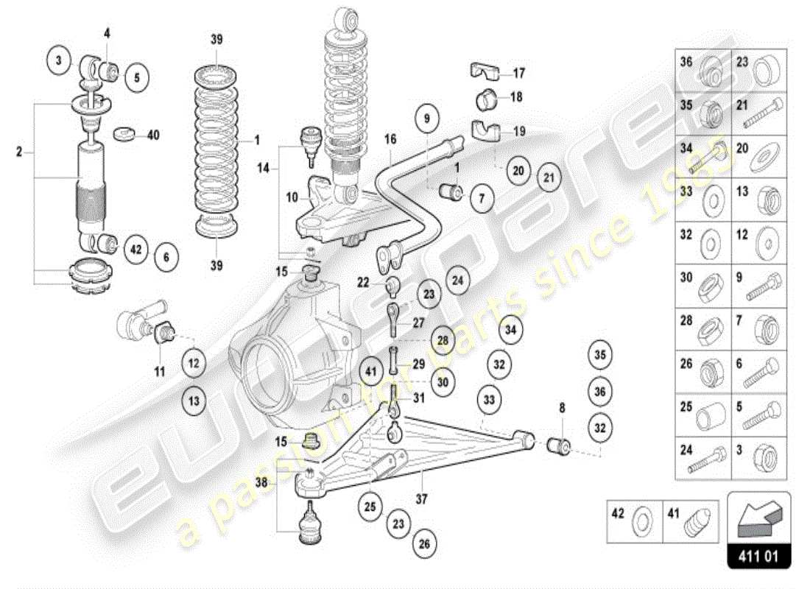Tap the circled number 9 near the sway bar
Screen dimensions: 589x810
tap(428, 116)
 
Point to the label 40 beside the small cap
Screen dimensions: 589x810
tap(153, 135)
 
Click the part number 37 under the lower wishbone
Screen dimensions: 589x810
tap(421, 499)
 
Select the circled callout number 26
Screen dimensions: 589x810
tap(424, 544)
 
